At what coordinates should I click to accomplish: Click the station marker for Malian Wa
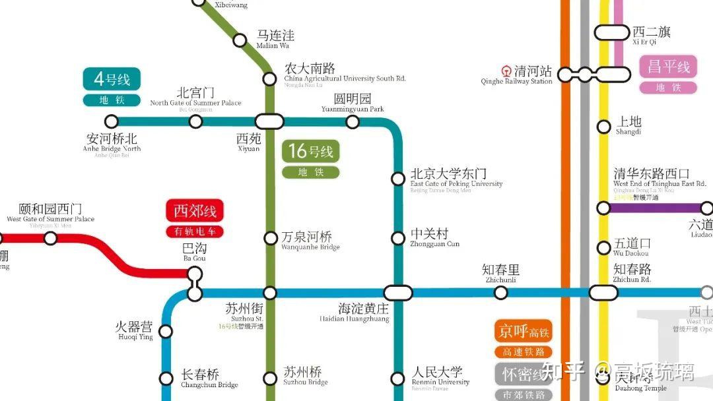240,40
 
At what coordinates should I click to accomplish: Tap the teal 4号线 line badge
112,80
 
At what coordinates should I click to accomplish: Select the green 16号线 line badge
310,152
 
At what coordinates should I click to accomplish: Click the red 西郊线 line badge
195,212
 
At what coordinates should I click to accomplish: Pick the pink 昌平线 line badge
668,67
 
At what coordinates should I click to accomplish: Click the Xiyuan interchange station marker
269,121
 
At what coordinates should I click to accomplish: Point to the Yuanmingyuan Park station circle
353,121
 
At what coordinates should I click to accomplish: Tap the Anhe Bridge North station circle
112,121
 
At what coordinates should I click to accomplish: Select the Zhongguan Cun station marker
398,238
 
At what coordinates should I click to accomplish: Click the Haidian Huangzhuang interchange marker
398,293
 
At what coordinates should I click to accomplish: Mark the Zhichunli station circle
501,293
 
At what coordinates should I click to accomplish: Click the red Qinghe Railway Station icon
506,71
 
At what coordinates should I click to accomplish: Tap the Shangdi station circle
603,127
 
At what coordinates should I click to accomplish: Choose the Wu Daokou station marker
603,248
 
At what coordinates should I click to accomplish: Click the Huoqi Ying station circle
166,331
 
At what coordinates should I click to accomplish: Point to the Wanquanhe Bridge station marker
270,238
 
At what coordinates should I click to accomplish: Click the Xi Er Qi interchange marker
612,32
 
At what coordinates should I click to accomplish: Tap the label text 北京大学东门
448,173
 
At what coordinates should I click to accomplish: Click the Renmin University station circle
397,379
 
